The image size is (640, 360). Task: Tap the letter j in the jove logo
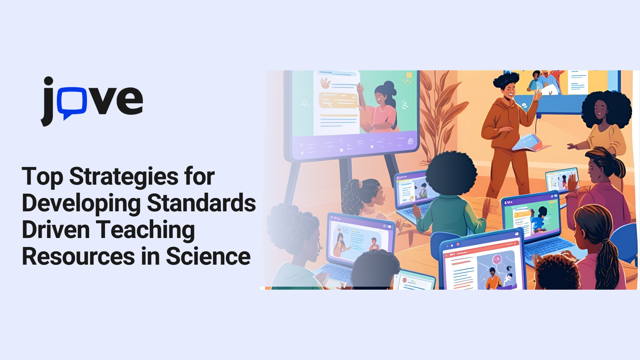(x=47, y=101)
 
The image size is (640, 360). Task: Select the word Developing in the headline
(x=81, y=204)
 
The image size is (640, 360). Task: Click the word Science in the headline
(x=208, y=256)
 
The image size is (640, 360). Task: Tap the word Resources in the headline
(x=79, y=257)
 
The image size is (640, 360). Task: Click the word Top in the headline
(x=42, y=177)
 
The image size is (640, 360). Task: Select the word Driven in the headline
(x=56, y=230)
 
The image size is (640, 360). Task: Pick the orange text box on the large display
(x=338, y=100)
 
